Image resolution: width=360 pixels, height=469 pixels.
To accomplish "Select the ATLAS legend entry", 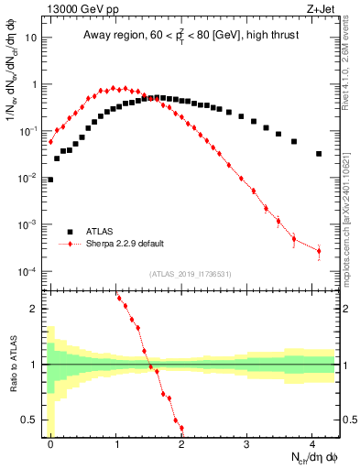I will click(102, 232).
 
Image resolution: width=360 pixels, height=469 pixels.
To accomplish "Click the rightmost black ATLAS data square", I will click(319, 154).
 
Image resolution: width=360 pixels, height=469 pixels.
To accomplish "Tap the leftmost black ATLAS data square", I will click(50, 180).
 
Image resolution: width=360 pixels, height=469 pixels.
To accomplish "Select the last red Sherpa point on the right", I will click(319, 250).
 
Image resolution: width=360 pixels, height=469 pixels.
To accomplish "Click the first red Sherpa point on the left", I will click(50, 142).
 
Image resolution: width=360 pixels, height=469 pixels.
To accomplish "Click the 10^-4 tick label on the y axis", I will click(29, 272).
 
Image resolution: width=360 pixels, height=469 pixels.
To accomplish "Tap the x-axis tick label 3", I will click(247, 442).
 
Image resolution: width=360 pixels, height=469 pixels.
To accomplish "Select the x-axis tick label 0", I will click(50, 442).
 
